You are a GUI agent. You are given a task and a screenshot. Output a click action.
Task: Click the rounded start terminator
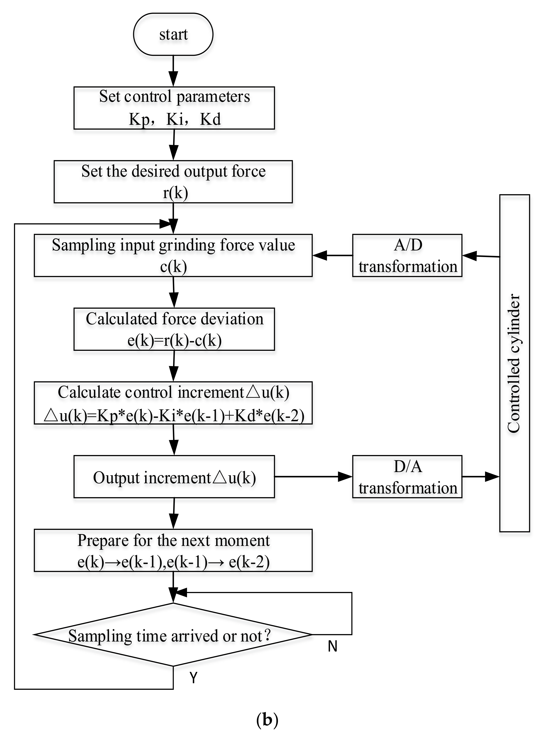(173, 34)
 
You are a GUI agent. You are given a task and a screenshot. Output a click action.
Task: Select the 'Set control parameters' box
(174, 108)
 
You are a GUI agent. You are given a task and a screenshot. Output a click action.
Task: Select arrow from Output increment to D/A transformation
(313, 477)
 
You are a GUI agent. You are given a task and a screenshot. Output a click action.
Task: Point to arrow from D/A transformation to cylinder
(481, 477)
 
